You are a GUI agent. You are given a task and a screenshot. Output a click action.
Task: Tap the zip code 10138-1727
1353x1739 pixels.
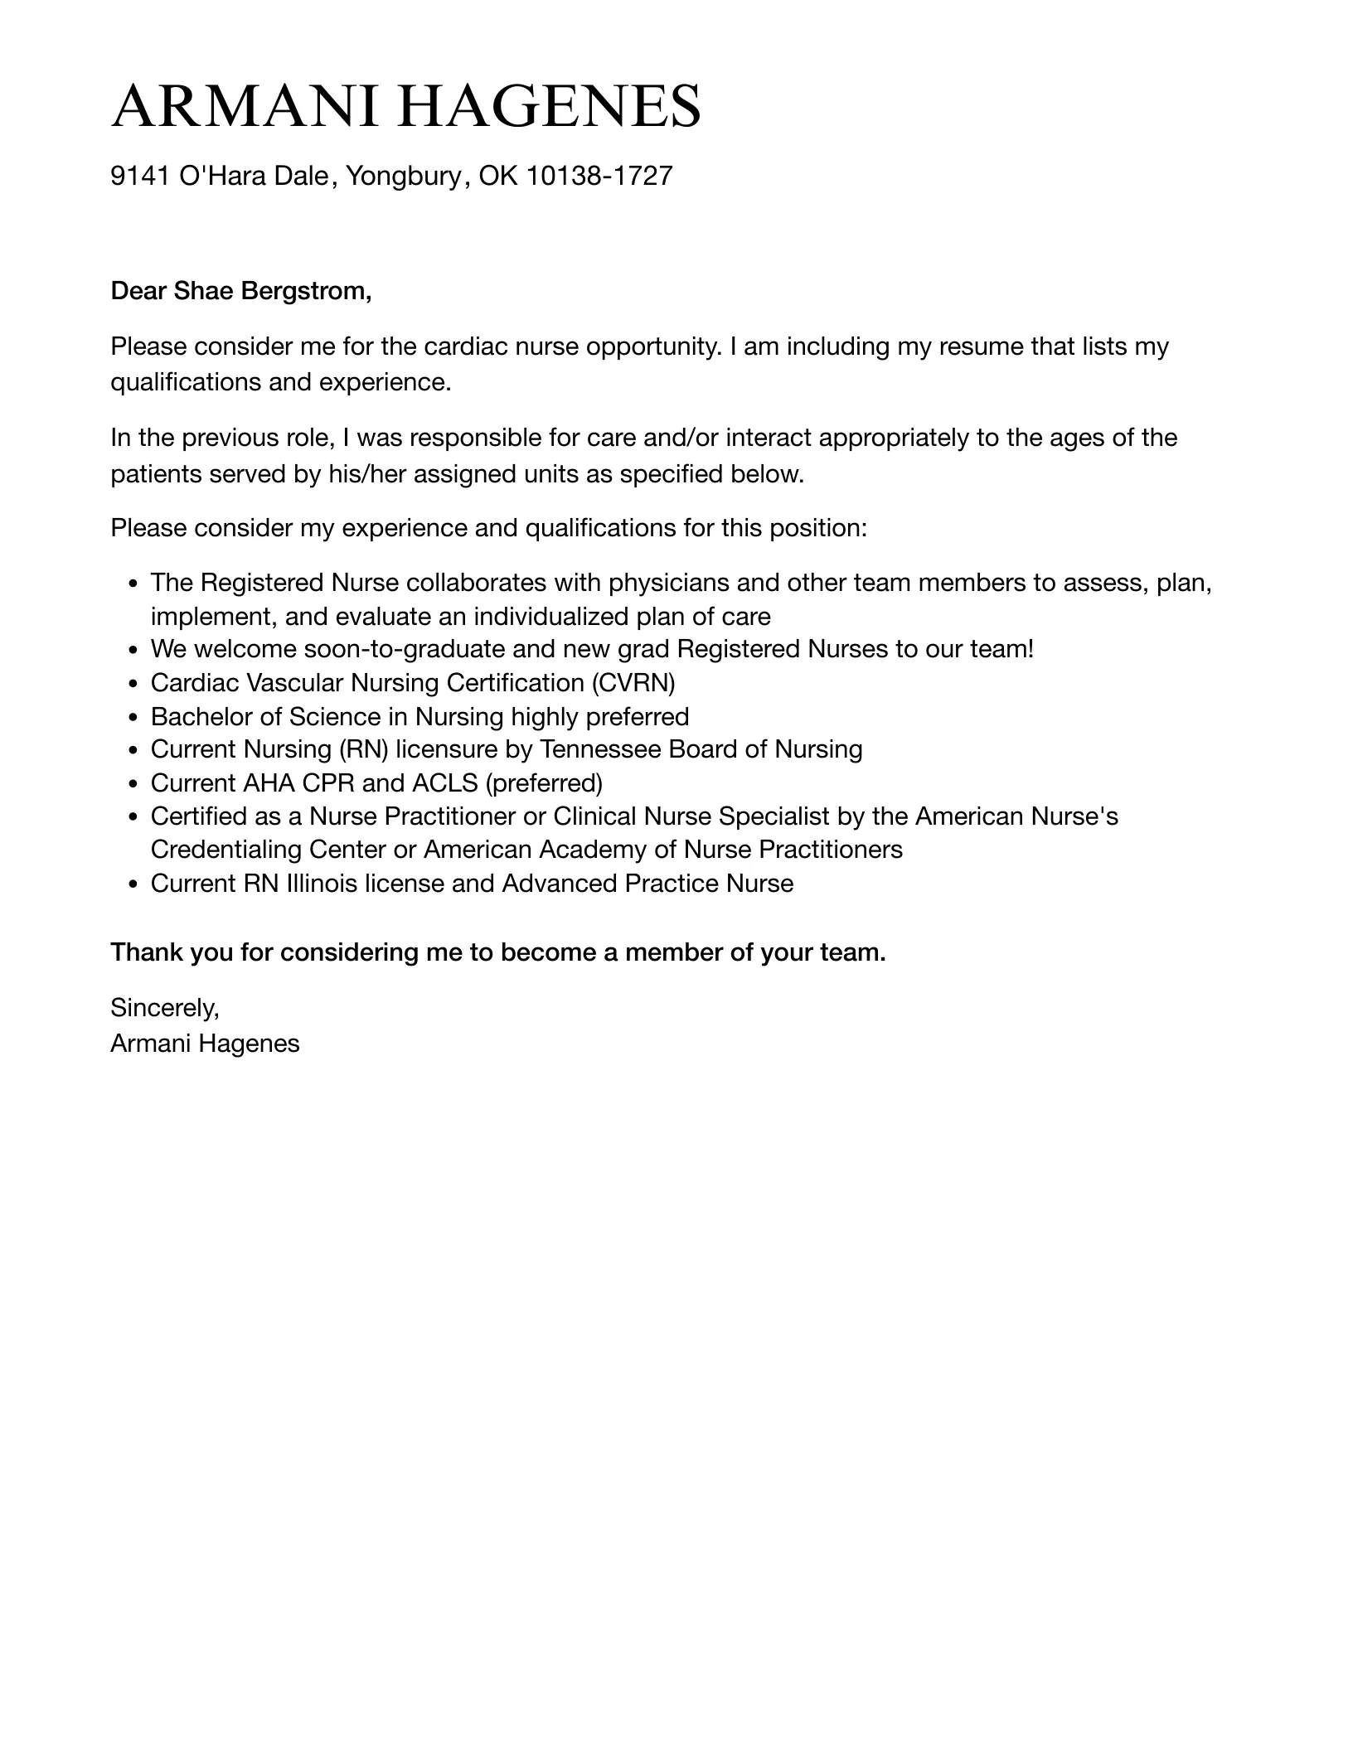[599, 176]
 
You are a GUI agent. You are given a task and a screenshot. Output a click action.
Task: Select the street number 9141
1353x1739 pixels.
[140, 176]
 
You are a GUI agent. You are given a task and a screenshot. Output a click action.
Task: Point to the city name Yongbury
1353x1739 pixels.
[402, 176]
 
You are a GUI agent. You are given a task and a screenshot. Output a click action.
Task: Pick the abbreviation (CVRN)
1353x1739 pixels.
[633, 683]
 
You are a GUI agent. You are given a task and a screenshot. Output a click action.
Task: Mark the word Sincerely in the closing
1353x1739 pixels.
[163, 1008]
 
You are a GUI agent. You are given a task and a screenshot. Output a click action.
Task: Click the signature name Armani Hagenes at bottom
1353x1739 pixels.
[205, 1044]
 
